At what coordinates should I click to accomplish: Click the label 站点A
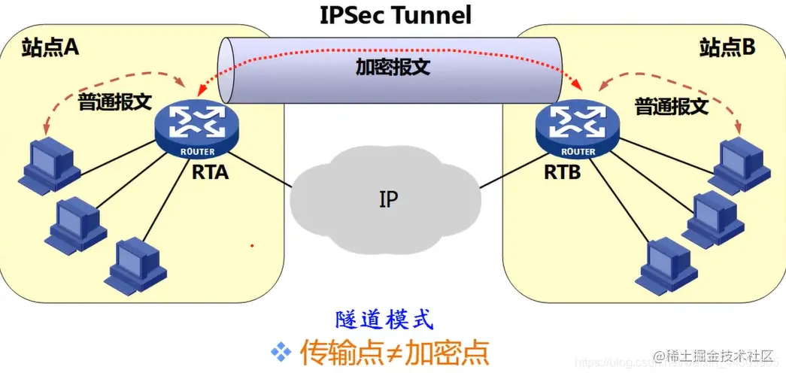[x=50, y=47]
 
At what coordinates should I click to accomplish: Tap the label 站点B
[x=727, y=47]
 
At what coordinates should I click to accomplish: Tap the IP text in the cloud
[x=389, y=199]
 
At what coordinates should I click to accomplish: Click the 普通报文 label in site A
[x=115, y=103]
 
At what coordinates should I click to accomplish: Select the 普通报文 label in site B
[x=671, y=106]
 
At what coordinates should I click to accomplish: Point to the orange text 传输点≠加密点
[x=394, y=351]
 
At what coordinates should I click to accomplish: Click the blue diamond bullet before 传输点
[x=281, y=350]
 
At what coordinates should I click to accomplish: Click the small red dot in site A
[x=252, y=245]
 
